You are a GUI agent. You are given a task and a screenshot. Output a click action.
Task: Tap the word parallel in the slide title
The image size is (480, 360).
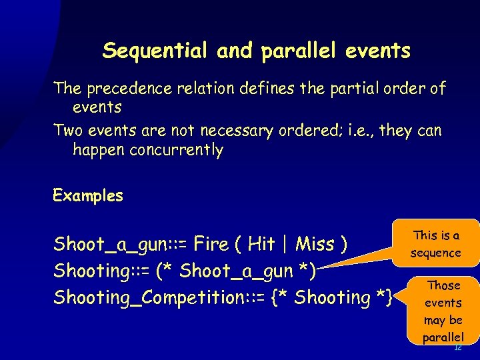(297, 51)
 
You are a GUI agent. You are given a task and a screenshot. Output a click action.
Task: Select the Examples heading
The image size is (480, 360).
(88, 196)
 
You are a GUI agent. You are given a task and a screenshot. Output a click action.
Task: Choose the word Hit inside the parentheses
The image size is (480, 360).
(261, 245)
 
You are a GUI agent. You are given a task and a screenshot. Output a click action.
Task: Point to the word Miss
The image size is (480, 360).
(315, 245)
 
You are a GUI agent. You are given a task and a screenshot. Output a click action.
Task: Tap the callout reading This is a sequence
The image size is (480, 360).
(436, 244)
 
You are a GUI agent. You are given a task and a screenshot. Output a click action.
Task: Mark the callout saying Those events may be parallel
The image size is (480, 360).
(443, 311)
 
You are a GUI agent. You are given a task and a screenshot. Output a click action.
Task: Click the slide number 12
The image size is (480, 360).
(457, 348)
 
